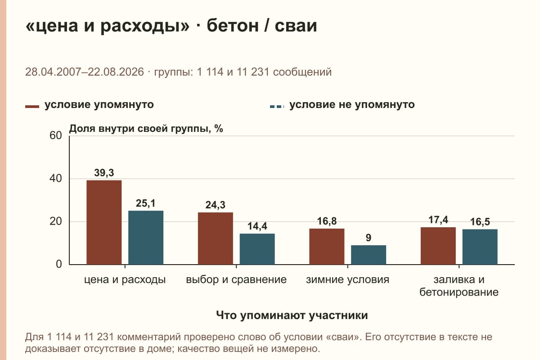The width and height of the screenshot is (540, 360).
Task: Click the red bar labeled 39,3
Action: [x=104, y=222]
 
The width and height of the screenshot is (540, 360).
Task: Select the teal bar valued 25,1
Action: [x=146, y=238]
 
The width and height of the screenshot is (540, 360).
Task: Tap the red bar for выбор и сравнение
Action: [x=216, y=238]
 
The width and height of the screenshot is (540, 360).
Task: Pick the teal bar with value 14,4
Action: [x=257, y=249]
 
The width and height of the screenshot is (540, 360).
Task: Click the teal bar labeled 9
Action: [x=369, y=255]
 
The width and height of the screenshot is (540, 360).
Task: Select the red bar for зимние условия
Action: [x=327, y=247]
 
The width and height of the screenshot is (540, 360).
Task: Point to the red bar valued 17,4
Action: [x=438, y=246]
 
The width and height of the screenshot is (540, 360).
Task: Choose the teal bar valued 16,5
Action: [x=480, y=247]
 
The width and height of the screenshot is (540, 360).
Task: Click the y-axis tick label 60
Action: [x=56, y=135]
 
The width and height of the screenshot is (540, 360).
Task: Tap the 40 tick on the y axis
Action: [x=56, y=179]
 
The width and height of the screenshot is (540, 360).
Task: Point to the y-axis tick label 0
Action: [x=59, y=264]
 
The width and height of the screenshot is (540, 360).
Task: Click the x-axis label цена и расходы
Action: [x=125, y=280]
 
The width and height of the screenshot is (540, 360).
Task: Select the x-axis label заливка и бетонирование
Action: [x=459, y=286]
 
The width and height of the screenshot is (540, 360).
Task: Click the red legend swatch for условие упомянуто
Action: [x=32, y=107]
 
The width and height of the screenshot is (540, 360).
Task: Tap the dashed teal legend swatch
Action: [x=277, y=107]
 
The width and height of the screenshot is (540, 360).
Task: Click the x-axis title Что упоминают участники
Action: [x=292, y=315]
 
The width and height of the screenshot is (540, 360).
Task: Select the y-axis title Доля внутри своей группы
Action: [x=140, y=129]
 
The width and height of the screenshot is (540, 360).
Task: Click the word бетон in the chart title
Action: [x=232, y=26]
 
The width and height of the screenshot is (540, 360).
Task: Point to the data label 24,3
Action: [x=215, y=205]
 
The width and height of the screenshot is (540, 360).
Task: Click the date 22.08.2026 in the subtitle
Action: [x=116, y=72]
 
